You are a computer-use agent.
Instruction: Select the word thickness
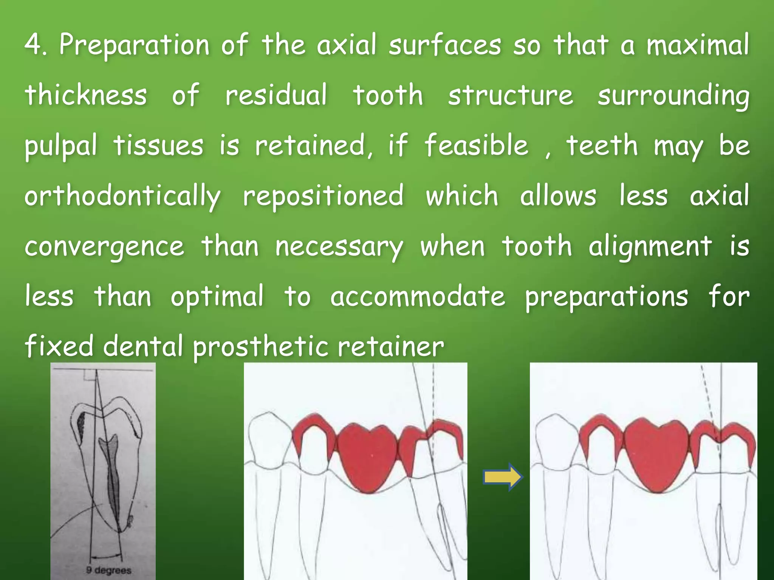86,95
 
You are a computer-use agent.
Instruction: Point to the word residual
276,95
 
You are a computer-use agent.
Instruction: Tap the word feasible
477,145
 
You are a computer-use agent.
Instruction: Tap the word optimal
217,297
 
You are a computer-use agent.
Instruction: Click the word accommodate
418,297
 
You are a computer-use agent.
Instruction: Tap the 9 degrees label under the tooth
108,570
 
